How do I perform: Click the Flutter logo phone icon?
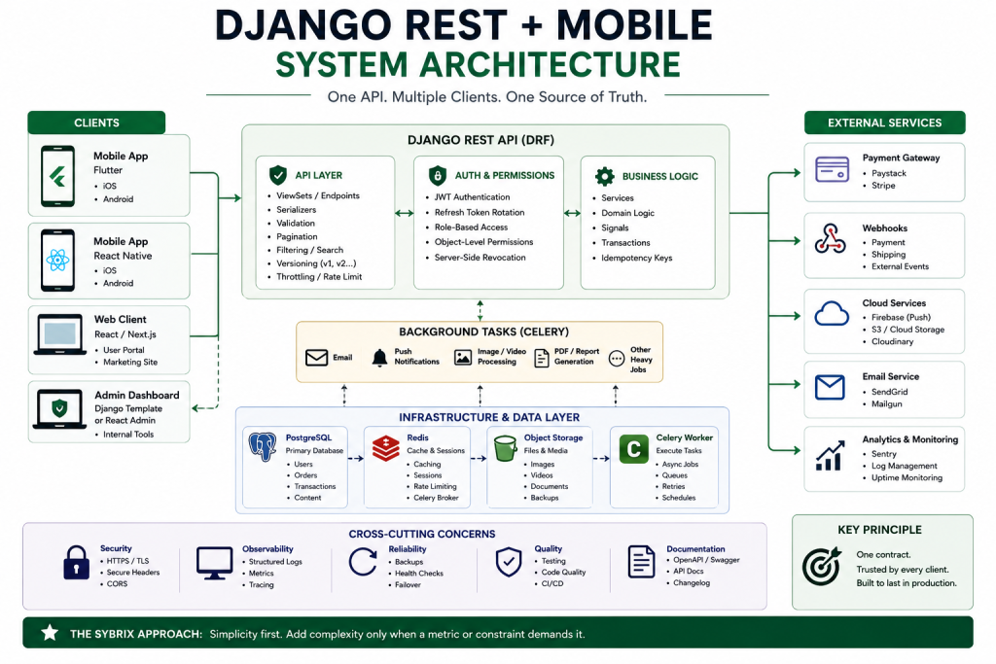pyautogui.click(x=57, y=176)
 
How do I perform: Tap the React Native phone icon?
pyautogui.click(x=57, y=261)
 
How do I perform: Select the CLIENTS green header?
pyautogui.click(x=96, y=122)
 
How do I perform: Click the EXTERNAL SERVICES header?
pyautogui.click(x=884, y=122)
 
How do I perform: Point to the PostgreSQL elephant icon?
pyautogui.click(x=263, y=447)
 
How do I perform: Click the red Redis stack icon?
pyautogui.click(x=385, y=447)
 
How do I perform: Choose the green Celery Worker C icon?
pyautogui.click(x=633, y=449)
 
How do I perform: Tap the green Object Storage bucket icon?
pyautogui.click(x=505, y=448)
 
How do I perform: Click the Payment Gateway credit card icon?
pyautogui.click(x=833, y=169)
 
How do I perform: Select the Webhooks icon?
pyautogui.click(x=831, y=239)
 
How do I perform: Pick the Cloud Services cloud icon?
pyautogui.click(x=832, y=314)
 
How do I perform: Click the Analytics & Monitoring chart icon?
pyautogui.click(x=831, y=456)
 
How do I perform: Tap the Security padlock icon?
pyautogui.click(x=76, y=563)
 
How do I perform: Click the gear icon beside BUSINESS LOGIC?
pyautogui.click(x=605, y=176)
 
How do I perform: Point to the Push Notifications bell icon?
pyautogui.click(x=379, y=358)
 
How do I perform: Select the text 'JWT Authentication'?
pyautogui.click(x=472, y=197)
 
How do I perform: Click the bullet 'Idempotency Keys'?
pyautogui.click(x=636, y=258)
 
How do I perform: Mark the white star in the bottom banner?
pyautogui.click(x=50, y=632)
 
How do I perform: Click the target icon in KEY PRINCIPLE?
pyautogui.click(x=821, y=566)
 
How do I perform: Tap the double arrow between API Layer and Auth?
pyautogui.click(x=404, y=213)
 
